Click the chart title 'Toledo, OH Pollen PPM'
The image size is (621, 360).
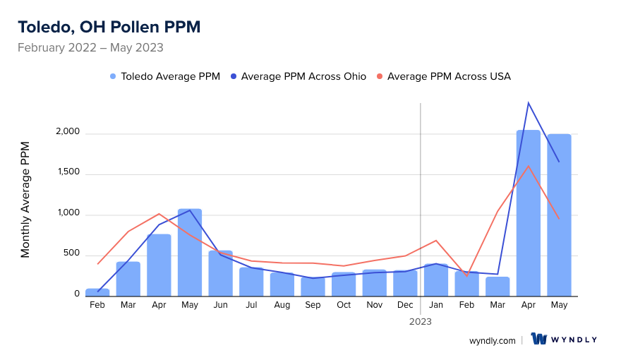tap(109, 27)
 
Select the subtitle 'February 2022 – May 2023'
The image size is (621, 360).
tap(90, 48)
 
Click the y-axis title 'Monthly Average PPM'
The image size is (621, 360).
tap(25, 199)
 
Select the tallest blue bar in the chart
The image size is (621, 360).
tap(529, 212)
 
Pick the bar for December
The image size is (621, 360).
tap(405, 282)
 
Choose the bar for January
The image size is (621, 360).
tap(436, 280)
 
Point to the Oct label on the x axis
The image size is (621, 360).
tap(344, 305)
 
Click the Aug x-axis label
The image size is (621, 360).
tap(282, 305)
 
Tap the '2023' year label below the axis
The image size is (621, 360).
tap(421, 321)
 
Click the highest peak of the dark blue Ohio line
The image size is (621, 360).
tap(529, 103)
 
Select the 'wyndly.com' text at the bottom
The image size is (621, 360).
tap(493, 340)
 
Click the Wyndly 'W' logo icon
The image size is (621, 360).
tap(540, 339)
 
